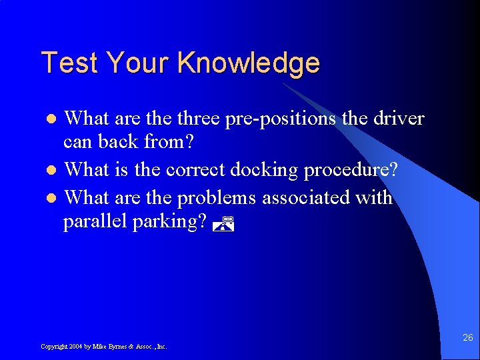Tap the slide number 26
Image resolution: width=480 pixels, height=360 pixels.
tap(468, 337)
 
